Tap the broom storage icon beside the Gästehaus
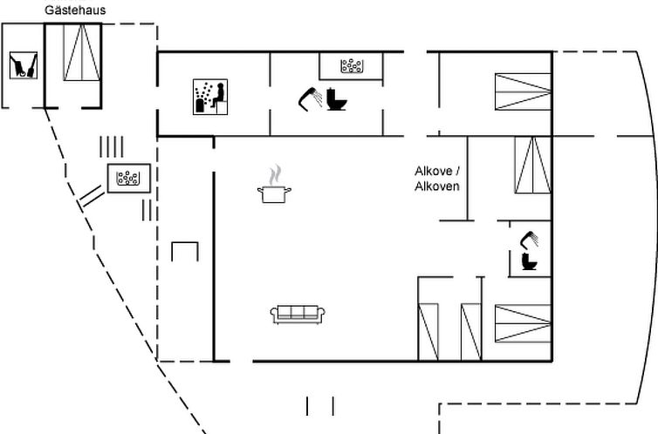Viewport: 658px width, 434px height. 22,66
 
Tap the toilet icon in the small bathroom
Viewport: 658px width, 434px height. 529,260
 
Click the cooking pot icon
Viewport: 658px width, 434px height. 274,193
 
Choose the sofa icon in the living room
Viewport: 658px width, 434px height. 298,314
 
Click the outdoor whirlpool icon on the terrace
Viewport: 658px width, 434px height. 129,178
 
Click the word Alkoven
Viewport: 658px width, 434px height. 436,186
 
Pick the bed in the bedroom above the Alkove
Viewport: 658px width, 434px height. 523,92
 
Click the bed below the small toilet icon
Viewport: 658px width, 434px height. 523,322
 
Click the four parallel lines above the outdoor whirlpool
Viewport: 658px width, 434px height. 111,145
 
